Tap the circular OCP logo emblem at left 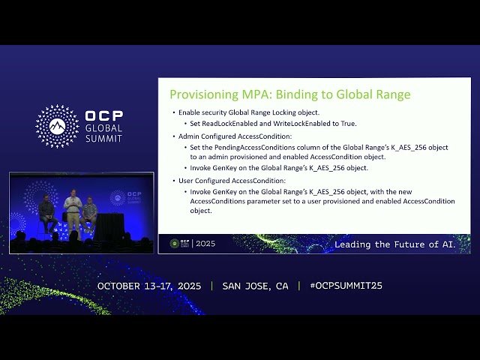[x=57, y=126]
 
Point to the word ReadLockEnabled [x=227, y=123]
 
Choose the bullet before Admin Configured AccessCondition [x=173, y=136]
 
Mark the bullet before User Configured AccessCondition [x=173, y=181]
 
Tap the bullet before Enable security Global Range [x=173, y=112]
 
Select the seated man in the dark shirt [x=46, y=214]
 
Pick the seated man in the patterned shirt [x=90, y=214]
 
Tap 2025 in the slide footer [x=205, y=244]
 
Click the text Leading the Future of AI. [x=394, y=244]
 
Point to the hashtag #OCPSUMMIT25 [x=340, y=286]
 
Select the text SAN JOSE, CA [x=255, y=286]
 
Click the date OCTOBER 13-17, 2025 [x=150, y=286]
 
